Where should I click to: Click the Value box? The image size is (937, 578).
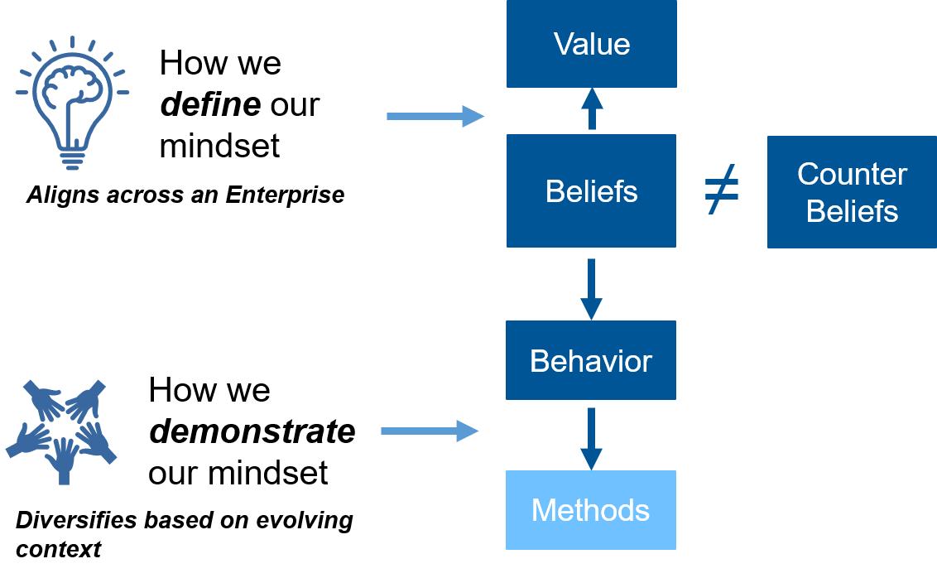coord(591,43)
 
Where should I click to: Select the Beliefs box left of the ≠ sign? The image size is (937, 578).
coord(591,190)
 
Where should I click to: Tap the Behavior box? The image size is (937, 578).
coord(591,360)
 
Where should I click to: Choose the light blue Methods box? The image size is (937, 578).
coord(591,509)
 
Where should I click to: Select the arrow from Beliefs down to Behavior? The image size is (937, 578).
coord(591,288)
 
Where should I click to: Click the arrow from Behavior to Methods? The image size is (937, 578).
coord(591,437)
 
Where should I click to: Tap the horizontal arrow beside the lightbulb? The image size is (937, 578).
coord(435,116)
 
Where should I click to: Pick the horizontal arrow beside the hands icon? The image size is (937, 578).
coord(429,431)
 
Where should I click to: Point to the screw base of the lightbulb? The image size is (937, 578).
coord(73,157)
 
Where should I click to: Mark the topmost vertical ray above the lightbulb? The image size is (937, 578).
coord(73,42)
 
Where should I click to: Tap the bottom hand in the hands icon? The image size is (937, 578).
coord(63,460)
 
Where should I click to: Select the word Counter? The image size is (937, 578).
coord(852,174)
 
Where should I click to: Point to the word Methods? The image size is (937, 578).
coord(590,509)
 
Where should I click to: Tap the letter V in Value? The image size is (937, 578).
coord(564,43)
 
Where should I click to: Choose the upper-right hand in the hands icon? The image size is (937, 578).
coord(86,401)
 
